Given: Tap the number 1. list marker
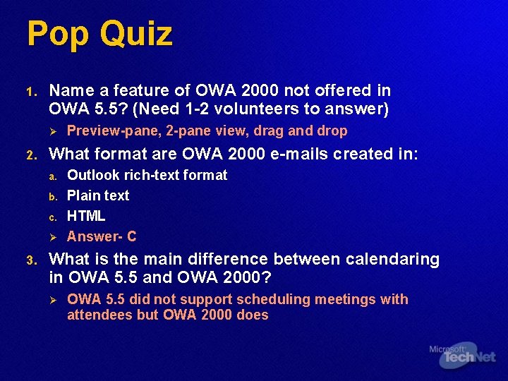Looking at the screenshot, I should [31, 92].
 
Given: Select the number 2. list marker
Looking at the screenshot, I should [31, 155].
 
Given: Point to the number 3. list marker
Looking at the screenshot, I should [31, 260].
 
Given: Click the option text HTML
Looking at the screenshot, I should [86, 216].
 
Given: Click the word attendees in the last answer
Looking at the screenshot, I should [99, 315].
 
